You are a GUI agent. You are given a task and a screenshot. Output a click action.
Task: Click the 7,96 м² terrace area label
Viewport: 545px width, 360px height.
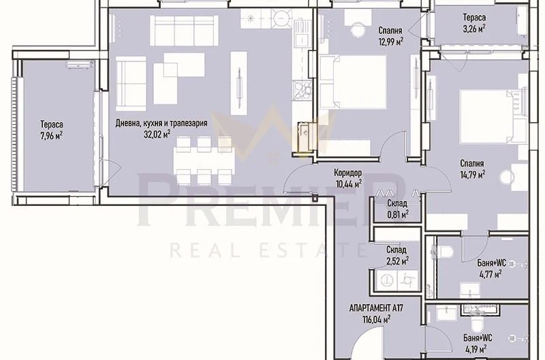(x=52, y=130)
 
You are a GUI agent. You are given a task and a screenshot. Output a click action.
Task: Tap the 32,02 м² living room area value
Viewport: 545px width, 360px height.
(x=157, y=134)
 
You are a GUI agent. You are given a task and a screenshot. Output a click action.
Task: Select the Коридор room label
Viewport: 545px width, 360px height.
(x=348, y=172)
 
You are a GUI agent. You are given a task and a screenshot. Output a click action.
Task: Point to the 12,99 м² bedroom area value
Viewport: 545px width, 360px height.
(x=390, y=42)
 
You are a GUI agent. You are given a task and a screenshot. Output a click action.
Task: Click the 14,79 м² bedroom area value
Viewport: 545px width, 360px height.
(x=473, y=175)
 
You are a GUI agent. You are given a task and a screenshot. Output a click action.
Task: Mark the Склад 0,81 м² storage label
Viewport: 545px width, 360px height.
(x=398, y=209)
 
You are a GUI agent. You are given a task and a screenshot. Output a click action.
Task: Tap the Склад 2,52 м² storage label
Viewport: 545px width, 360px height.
(x=397, y=255)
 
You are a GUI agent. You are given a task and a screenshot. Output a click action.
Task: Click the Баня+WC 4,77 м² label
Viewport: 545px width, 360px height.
(x=491, y=269)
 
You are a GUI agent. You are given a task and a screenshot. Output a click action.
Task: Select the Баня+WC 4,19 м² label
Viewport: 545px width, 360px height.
(x=478, y=344)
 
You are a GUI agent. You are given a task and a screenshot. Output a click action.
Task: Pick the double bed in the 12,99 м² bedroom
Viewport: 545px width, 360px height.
(x=352, y=82)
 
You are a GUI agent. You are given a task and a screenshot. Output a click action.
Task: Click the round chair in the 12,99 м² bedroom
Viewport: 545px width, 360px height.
(x=358, y=30)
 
